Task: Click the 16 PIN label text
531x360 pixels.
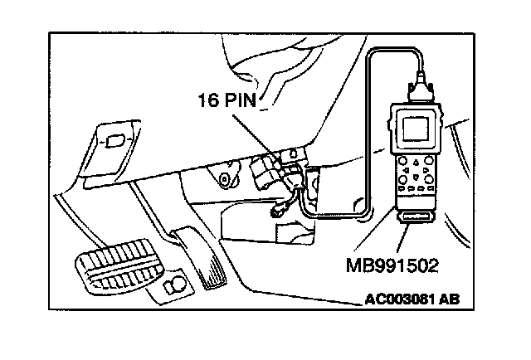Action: click(x=227, y=100)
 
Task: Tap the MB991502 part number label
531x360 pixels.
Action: click(x=392, y=265)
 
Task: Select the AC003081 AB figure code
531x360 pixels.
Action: click(x=412, y=299)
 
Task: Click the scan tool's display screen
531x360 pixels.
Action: click(x=416, y=129)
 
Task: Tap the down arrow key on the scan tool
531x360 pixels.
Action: click(x=416, y=177)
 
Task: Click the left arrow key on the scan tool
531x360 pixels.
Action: click(x=406, y=168)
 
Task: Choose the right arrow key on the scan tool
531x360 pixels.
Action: click(x=426, y=168)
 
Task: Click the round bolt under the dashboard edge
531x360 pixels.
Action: click(x=224, y=178)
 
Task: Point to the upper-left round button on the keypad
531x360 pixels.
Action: click(x=402, y=160)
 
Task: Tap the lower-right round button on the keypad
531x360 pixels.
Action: click(x=429, y=178)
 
